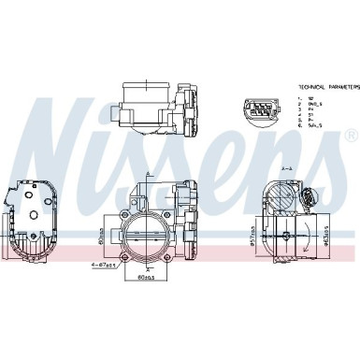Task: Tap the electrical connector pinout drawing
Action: (x=261, y=110)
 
